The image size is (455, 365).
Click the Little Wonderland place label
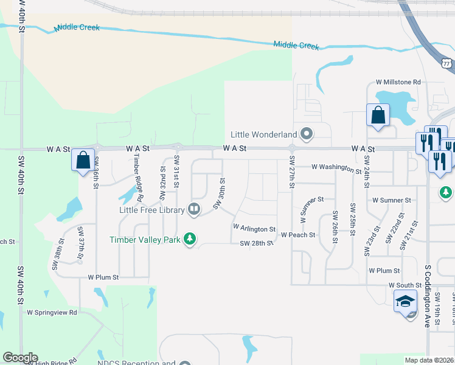pyautogui.click(x=263, y=134)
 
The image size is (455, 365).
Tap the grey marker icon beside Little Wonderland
pyautogui.click(x=307, y=134)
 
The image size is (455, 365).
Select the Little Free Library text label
pyautogui.click(x=152, y=210)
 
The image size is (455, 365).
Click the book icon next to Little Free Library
pyautogui.click(x=194, y=210)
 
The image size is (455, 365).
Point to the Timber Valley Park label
pyautogui.click(x=145, y=240)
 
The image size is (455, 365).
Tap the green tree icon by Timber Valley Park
pyautogui.click(x=190, y=239)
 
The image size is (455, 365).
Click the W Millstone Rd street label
pyautogui.click(x=398, y=82)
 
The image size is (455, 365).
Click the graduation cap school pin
pyautogui.click(x=405, y=302)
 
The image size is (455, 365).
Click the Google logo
pyautogui.click(x=20, y=358)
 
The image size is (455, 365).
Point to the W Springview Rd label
pyautogui.click(x=52, y=312)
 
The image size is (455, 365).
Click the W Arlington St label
pyautogui.click(x=254, y=228)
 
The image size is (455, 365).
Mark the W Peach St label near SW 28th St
pyautogui.click(x=297, y=235)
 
